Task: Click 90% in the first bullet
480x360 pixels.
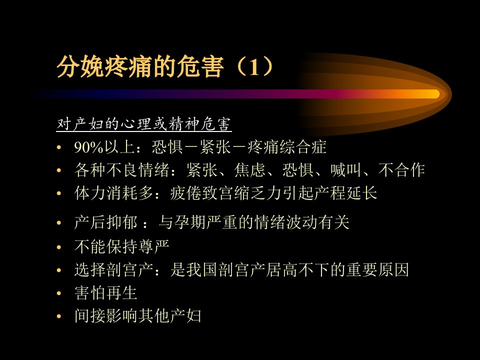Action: point(88,147)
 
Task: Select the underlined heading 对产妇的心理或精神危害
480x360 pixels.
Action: point(143,124)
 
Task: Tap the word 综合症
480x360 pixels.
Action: point(303,147)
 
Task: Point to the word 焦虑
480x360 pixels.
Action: point(250,170)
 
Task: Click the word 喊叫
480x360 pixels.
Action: point(346,170)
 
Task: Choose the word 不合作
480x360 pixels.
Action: point(401,170)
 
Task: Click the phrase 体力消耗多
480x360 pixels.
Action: point(113,193)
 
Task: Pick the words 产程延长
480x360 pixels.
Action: point(346,193)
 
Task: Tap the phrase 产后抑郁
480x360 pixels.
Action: point(105,222)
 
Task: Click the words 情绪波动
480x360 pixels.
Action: point(286,222)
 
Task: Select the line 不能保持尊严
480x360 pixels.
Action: point(122,246)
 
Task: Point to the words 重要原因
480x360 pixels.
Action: point(378,269)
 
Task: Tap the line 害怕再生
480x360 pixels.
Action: point(105,293)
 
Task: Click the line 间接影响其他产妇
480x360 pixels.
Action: point(138,316)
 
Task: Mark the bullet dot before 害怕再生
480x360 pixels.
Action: point(59,293)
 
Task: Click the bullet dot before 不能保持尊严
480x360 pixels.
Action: point(59,246)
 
